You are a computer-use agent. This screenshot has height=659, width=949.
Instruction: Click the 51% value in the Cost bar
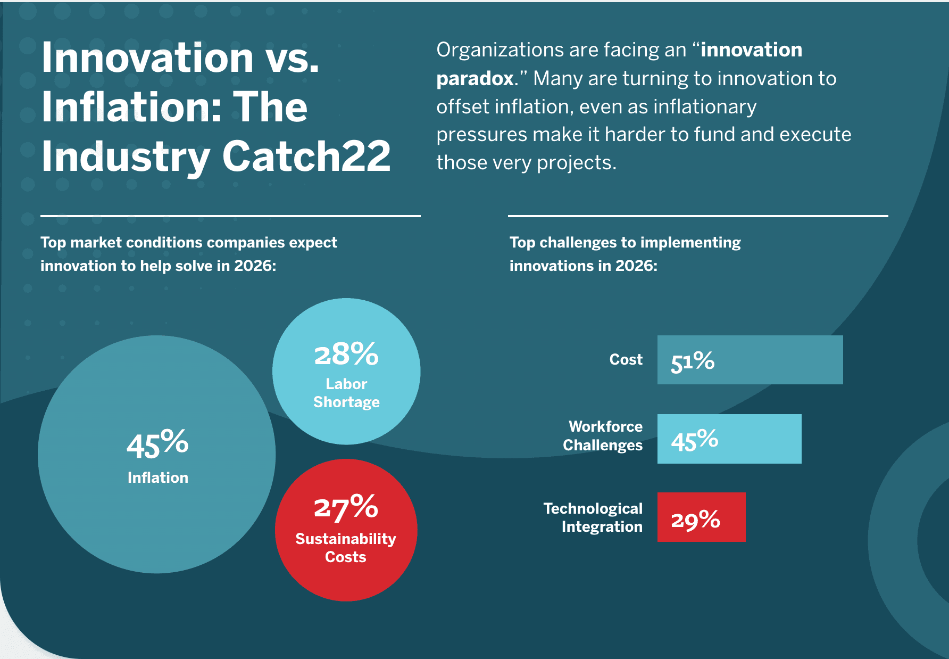(692, 361)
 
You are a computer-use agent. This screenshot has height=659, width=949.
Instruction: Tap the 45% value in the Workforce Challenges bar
(694, 440)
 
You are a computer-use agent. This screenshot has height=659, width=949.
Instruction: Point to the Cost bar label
(626, 360)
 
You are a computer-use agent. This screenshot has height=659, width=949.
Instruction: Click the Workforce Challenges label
(603, 436)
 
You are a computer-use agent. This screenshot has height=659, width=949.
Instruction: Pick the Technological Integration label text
(594, 517)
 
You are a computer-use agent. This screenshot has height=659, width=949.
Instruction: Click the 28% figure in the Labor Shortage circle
(346, 355)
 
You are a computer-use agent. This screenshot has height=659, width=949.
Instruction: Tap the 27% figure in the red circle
(346, 507)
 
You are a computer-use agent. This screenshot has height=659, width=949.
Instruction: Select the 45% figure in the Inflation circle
(157, 444)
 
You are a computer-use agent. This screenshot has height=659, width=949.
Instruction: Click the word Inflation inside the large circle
(157, 477)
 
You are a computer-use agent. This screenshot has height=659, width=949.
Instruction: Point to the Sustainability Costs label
(346, 548)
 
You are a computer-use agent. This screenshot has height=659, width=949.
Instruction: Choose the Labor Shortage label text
(346, 393)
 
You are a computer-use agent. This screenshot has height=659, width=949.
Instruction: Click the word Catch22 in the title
(306, 156)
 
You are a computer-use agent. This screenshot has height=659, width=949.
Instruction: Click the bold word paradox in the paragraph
(474, 79)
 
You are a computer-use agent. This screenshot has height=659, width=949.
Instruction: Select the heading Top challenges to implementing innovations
(625, 254)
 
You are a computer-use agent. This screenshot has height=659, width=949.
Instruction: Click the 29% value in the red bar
(695, 519)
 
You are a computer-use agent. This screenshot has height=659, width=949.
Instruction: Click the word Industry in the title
(126, 156)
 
